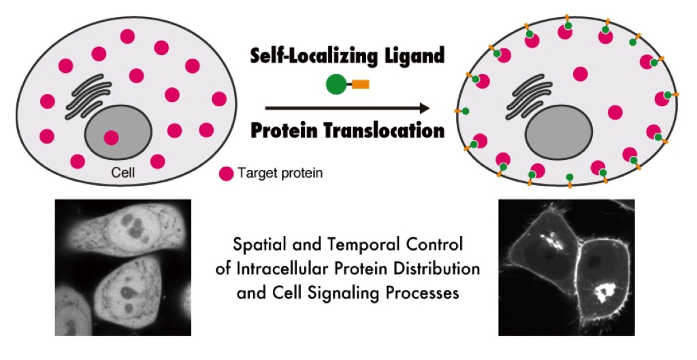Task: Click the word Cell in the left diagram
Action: pyautogui.click(x=123, y=172)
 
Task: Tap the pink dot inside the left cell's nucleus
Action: pyautogui.click(x=111, y=137)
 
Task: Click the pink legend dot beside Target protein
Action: pyautogui.click(x=226, y=174)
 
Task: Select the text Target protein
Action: pyautogui.click(x=280, y=173)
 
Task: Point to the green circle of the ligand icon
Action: pyautogui.click(x=336, y=84)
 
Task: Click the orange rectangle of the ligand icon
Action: pyautogui.click(x=361, y=84)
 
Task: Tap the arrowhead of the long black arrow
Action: pyautogui.click(x=425, y=108)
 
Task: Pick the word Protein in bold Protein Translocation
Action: pyautogui.click(x=285, y=131)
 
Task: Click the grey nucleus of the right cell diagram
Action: pyautogui.click(x=559, y=133)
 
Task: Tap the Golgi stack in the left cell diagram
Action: pyautogui.click(x=88, y=97)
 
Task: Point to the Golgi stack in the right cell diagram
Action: pyautogui.click(x=529, y=97)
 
